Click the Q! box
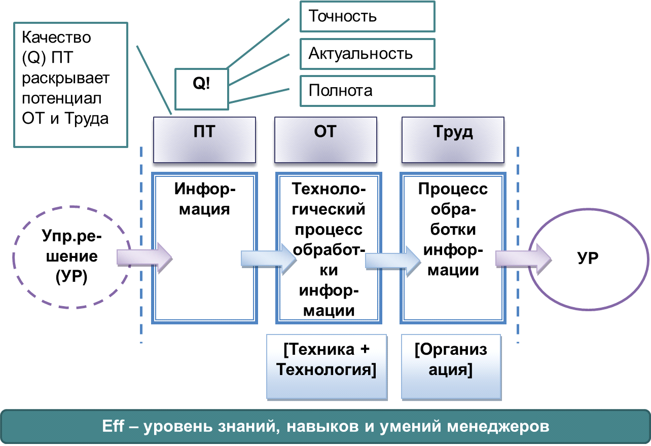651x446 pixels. click(202, 89)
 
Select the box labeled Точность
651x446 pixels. click(368, 17)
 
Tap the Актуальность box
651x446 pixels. click(368, 54)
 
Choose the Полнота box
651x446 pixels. click(368, 91)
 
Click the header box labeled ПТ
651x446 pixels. click(205, 140)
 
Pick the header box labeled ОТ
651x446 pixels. click(326, 140)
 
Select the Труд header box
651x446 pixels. click(453, 140)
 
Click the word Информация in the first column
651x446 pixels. click(205, 199)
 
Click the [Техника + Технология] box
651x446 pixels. click(327, 367)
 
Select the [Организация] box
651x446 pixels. click(451, 367)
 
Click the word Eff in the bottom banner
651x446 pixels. click(113, 426)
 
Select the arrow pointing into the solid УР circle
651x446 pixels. click(523, 259)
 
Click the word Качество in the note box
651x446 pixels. click(56, 38)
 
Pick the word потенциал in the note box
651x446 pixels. click(62, 98)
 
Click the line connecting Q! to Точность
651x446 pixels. click(258, 44)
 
